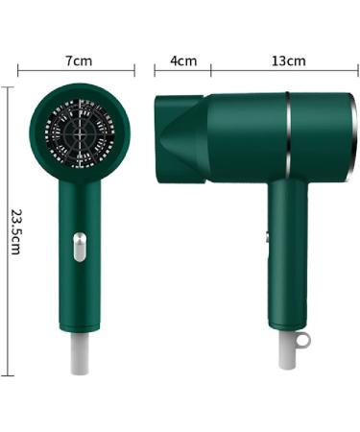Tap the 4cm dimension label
[x=182, y=60]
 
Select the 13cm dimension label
[x=288, y=60]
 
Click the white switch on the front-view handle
[x=79, y=249]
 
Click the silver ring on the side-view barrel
[x=287, y=134]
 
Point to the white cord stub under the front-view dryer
[x=80, y=353]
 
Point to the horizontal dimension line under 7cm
[x=77, y=71]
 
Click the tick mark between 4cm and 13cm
[x=211, y=70]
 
